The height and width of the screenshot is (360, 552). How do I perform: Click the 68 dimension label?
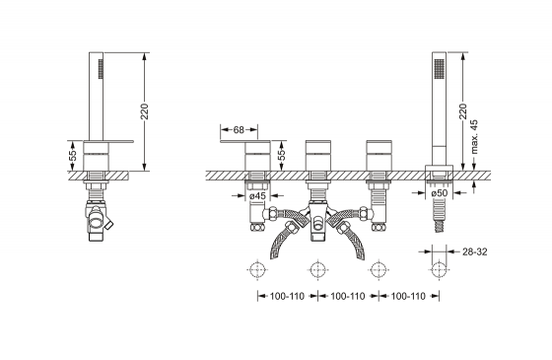pos(239,130)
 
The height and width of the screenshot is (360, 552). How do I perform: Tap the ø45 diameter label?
pos(257,196)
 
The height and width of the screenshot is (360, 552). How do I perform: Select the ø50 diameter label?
pos(439,193)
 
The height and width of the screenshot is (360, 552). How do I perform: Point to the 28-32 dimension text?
pos(474,252)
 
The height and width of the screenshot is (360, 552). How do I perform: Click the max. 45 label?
pos(474,137)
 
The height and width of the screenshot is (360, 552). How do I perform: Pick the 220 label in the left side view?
pos(144,111)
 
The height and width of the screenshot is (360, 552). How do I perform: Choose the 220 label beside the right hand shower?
pos(462,111)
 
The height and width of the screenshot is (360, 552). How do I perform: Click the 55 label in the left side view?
pos(73,156)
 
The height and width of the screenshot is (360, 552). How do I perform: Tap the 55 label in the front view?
pos(282,156)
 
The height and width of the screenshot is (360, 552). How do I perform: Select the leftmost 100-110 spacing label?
pos(287,296)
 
